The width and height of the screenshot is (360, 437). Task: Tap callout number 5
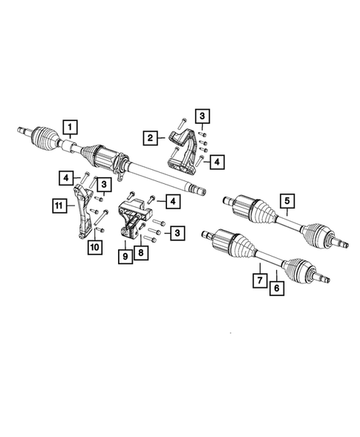[287, 200]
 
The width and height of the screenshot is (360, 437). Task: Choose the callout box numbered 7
[259, 281]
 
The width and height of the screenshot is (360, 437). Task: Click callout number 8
[140, 252]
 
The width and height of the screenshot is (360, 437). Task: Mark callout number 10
[94, 246]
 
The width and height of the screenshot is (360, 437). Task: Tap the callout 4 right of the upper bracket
[216, 160]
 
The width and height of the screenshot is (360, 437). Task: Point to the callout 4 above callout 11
[66, 177]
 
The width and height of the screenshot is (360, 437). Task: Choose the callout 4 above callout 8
[171, 200]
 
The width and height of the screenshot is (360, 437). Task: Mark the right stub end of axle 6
[324, 276]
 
